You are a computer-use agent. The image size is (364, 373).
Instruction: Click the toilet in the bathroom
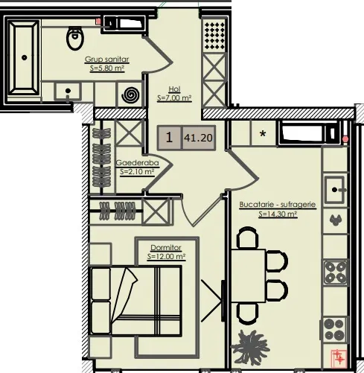click(74, 38)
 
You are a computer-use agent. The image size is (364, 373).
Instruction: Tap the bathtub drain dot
click(24, 57)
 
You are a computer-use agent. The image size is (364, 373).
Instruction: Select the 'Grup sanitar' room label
click(106, 60)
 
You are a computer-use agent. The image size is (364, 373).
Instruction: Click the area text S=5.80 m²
click(107, 68)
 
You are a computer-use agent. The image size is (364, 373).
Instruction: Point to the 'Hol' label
click(174, 89)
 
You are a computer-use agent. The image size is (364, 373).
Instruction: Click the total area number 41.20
click(198, 138)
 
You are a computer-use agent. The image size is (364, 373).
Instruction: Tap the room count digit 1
click(169, 137)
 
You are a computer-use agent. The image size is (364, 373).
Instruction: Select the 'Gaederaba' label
click(138, 163)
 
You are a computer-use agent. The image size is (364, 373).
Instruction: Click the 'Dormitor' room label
click(166, 248)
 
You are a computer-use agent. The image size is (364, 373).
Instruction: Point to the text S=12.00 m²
click(166, 256)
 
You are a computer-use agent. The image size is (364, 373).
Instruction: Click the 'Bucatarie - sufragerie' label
click(278, 205)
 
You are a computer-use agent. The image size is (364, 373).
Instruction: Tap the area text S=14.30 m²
click(278, 214)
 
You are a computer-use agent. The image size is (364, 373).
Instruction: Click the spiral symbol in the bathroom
click(130, 95)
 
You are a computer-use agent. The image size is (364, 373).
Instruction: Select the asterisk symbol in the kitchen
click(263, 134)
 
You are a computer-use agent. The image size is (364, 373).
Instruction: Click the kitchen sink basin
click(334, 190)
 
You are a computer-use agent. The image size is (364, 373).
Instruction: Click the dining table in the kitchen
click(248, 275)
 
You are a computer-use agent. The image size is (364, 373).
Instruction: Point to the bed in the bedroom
click(135, 301)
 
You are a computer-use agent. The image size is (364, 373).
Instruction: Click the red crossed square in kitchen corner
click(339, 357)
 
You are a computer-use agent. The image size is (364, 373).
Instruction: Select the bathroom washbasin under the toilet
click(68, 92)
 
